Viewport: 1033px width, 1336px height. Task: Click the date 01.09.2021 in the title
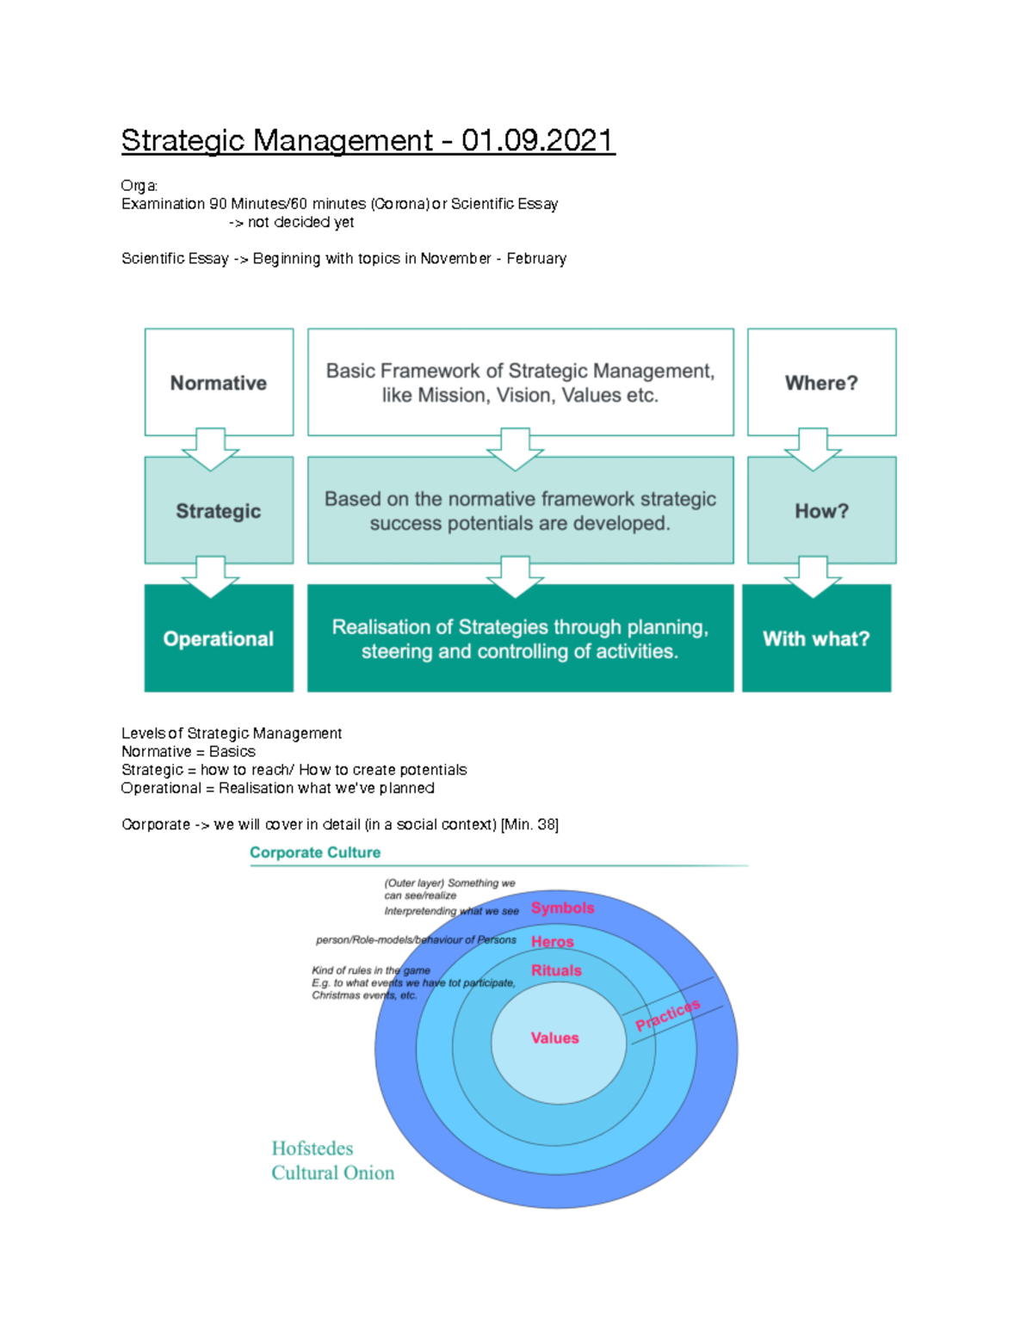click(x=537, y=140)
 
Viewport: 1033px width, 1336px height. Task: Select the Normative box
click(x=219, y=383)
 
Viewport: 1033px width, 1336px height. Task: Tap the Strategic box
click(x=219, y=511)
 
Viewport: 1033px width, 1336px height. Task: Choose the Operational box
click(x=219, y=638)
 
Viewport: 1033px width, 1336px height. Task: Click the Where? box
click(x=821, y=383)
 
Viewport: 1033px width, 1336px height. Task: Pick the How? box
click(x=821, y=511)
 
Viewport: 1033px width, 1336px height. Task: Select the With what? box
click(x=816, y=638)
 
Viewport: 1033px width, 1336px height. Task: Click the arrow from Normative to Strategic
click(x=211, y=448)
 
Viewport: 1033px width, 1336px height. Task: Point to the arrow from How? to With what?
click(x=813, y=576)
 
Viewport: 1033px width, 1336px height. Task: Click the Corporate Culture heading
click(x=315, y=853)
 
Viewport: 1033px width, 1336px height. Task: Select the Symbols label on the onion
click(x=563, y=908)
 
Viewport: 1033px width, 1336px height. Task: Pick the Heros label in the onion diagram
click(x=553, y=942)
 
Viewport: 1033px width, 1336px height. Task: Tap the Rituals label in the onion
click(x=556, y=970)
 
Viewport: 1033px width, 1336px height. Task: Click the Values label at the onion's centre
click(x=555, y=1038)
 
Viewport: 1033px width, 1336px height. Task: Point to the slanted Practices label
click(x=668, y=1015)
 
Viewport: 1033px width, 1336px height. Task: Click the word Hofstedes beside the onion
click(x=312, y=1148)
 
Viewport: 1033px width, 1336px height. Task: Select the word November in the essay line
click(x=455, y=259)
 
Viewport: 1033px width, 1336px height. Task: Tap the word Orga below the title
click(x=139, y=186)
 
